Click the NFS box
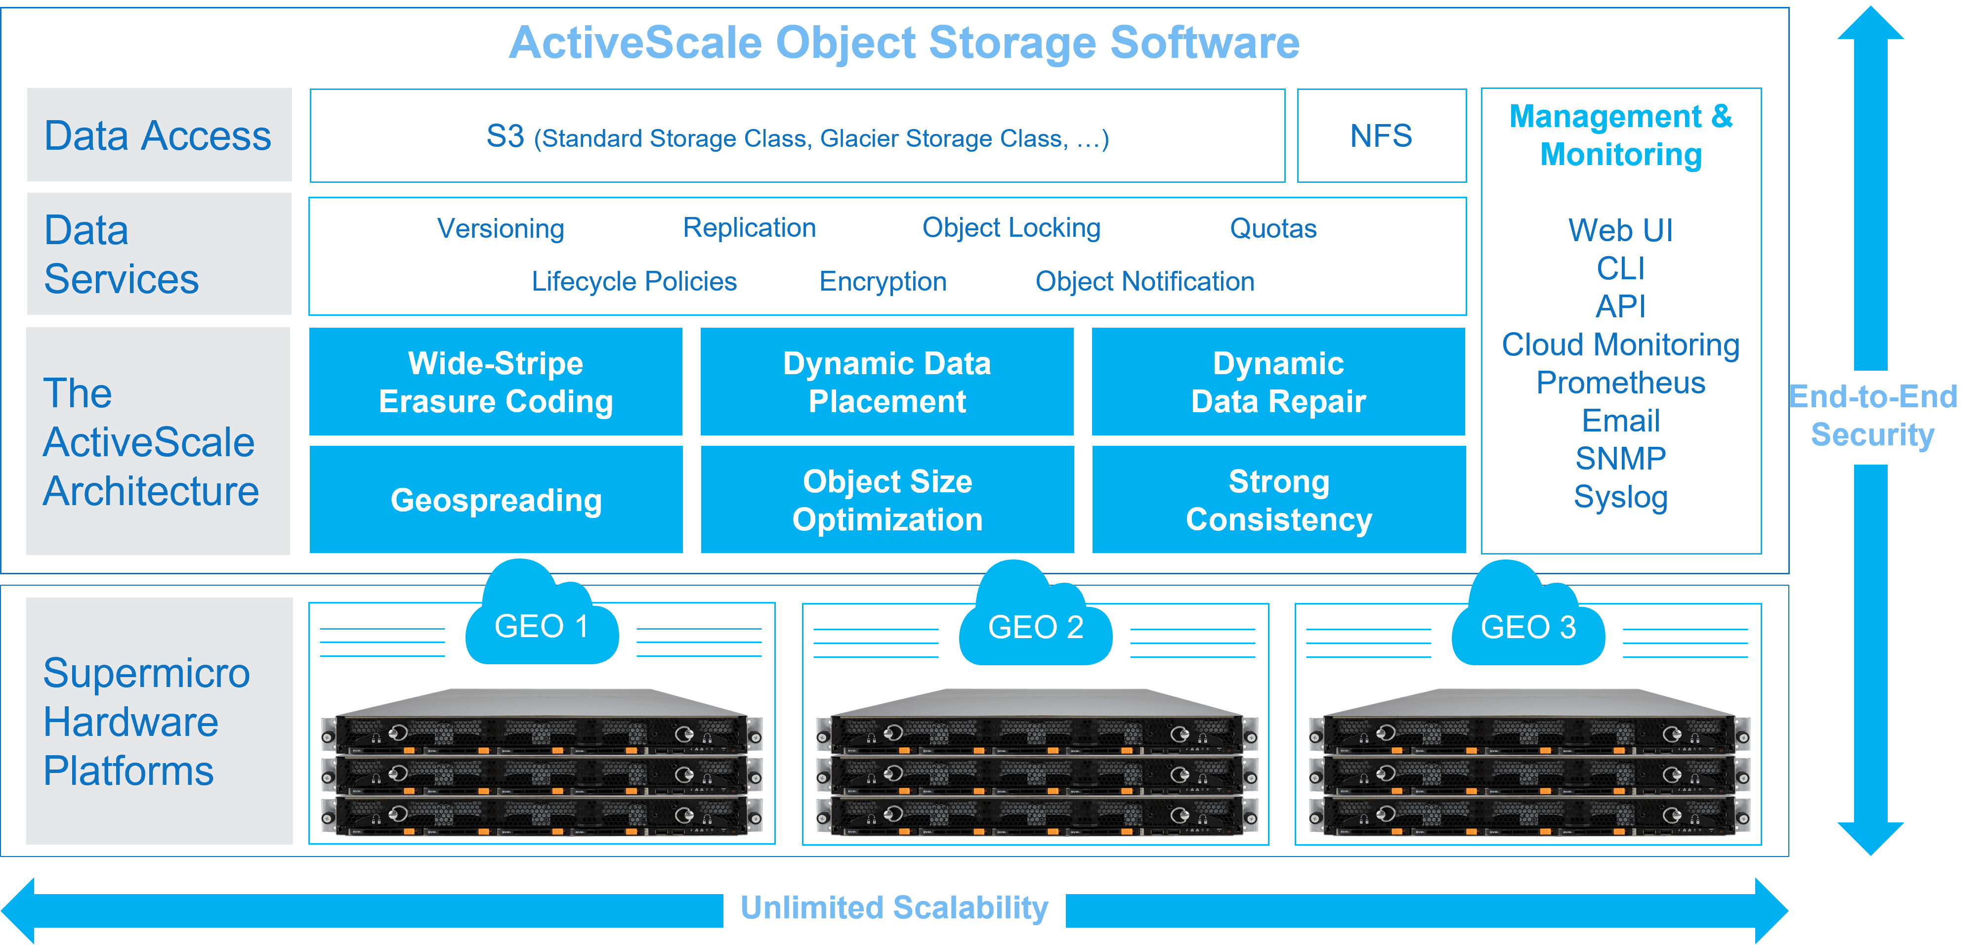[1381, 135]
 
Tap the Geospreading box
[496, 500]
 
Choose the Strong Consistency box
[1278, 500]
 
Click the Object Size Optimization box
[887, 500]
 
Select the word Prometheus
[1620, 383]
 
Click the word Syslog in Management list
[1620, 497]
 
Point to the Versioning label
[501, 228]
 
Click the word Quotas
[1273, 228]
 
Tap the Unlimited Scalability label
[894, 907]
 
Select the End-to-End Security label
[1873, 416]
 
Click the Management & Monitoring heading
[1620, 135]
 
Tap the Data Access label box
[159, 135]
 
